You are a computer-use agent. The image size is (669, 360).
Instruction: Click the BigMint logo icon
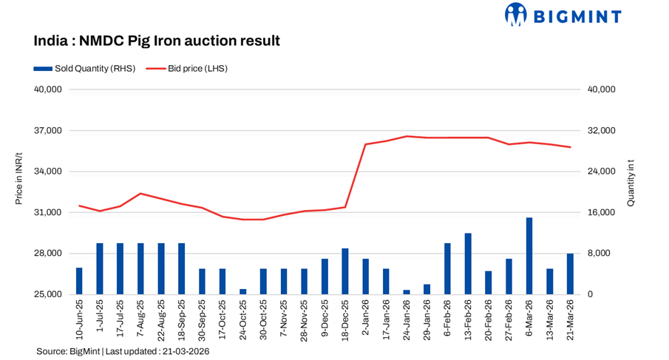click(x=515, y=14)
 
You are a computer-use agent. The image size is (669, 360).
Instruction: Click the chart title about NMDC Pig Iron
click(x=157, y=41)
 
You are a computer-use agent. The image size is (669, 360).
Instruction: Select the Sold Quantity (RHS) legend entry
click(x=84, y=68)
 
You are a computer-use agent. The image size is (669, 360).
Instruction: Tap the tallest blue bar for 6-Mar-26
click(x=529, y=256)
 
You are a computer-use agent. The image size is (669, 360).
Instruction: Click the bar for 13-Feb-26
click(x=468, y=264)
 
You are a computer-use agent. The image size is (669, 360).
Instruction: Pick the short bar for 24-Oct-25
click(x=243, y=291)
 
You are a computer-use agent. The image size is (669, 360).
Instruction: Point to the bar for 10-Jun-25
click(x=79, y=281)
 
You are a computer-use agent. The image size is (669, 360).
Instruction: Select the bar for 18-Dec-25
click(x=345, y=271)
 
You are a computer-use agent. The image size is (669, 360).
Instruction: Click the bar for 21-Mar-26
click(x=570, y=274)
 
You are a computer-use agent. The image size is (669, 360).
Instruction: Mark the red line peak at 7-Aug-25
click(x=140, y=194)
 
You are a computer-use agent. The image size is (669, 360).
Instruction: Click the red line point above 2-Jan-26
click(x=366, y=144)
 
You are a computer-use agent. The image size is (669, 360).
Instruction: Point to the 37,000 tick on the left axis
click(x=51, y=131)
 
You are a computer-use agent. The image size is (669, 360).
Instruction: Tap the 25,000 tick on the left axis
click(x=51, y=294)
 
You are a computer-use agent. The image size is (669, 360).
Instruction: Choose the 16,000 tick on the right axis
click(x=600, y=213)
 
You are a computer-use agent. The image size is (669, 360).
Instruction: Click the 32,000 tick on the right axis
click(x=600, y=131)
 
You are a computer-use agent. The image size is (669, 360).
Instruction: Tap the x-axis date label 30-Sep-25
click(x=202, y=319)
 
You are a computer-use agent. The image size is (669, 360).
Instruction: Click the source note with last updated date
click(x=123, y=352)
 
